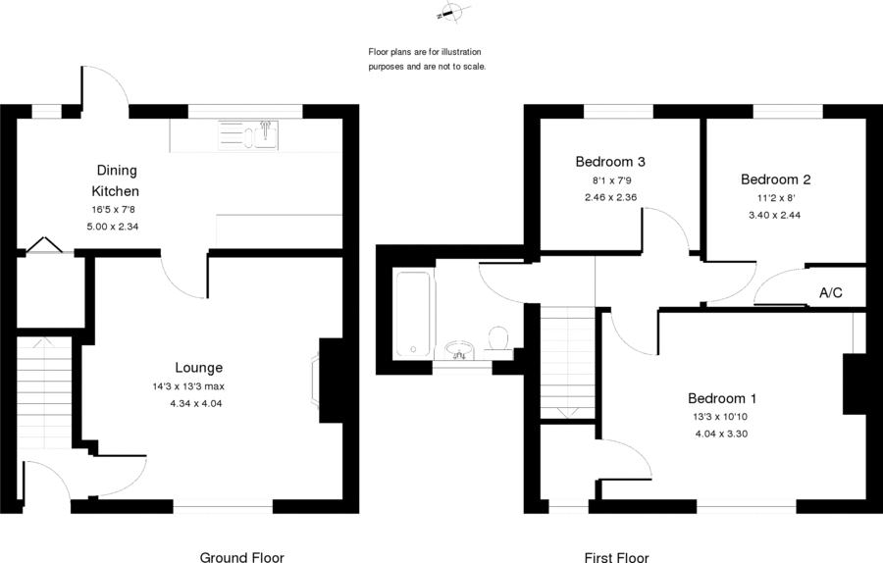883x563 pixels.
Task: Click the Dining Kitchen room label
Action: tap(116, 180)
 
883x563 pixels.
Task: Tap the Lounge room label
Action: tap(199, 368)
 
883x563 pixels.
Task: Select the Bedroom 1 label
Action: tap(721, 398)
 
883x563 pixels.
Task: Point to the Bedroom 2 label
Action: tap(775, 179)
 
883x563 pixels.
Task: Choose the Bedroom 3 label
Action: tap(609, 162)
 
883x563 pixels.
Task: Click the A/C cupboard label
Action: tap(830, 293)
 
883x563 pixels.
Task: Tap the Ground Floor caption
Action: tap(241, 558)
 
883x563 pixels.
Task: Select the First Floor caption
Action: tap(616, 558)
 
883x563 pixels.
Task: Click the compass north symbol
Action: tap(452, 13)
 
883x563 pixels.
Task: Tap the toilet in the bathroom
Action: tap(498, 339)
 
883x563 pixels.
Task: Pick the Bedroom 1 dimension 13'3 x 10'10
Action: tap(721, 417)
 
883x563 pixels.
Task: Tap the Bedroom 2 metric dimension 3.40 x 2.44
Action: tap(775, 215)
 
